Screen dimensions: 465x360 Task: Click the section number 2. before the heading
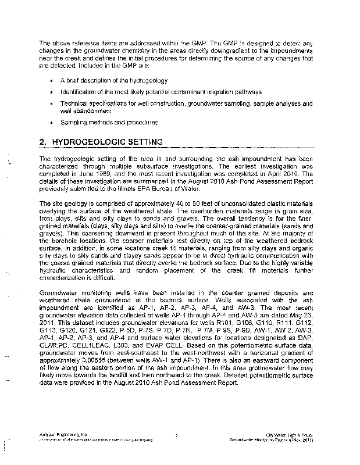42,142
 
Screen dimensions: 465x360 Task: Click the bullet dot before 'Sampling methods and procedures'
52,123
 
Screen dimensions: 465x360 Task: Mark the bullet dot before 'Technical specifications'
52,103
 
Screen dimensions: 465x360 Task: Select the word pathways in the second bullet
247,91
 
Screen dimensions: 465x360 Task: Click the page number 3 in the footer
176,435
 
